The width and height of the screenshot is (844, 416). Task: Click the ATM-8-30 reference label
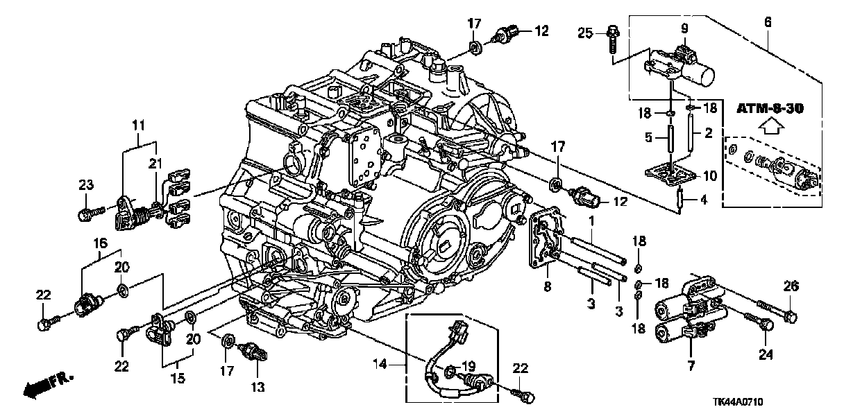pyautogui.click(x=770, y=109)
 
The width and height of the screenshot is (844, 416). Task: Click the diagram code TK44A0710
pyautogui.click(x=738, y=402)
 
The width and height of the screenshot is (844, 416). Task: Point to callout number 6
pyautogui.click(x=768, y=22)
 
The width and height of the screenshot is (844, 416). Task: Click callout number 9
pyautogui.click(x=684, y=28)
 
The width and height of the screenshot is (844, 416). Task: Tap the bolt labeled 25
pyautogui.click(x=614, y=43)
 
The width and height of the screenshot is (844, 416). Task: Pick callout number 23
pyautogui.click(x=86, y=185)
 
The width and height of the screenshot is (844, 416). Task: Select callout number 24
pyautogui.click(x=766, y=354)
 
